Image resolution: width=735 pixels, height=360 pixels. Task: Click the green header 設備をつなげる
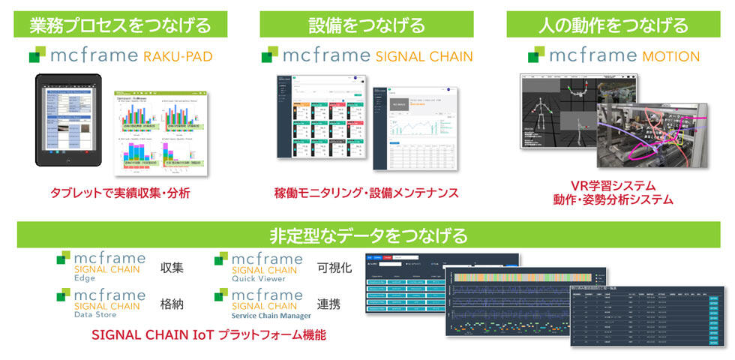point(367,25)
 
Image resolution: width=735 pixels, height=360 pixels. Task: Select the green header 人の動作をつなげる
point(613,25)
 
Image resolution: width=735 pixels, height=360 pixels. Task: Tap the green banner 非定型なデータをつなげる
point(367,235)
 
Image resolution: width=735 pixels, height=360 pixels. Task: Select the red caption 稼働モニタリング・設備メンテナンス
point(366,193)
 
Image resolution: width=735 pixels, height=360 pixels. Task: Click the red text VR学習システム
point(613,185)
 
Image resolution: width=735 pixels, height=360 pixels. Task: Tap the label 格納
point(172,304)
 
